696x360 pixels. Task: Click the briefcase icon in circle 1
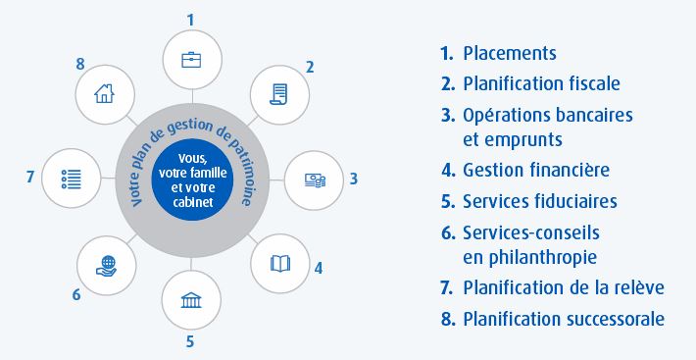click(190, 59)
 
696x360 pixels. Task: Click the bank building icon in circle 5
click(190, 298)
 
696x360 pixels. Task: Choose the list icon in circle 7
click(71, 179)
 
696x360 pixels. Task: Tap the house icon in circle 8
click(103, 95)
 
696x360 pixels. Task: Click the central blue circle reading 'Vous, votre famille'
click(191, 180)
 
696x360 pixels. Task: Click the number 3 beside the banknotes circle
click(353, 179)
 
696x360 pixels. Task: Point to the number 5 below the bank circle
click(190, 341)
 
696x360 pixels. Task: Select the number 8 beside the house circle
click(79, 63)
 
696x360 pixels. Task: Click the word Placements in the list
click(510, 54)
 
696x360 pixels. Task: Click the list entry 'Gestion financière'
click(536, 171)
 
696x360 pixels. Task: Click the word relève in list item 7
click(641, 288)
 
